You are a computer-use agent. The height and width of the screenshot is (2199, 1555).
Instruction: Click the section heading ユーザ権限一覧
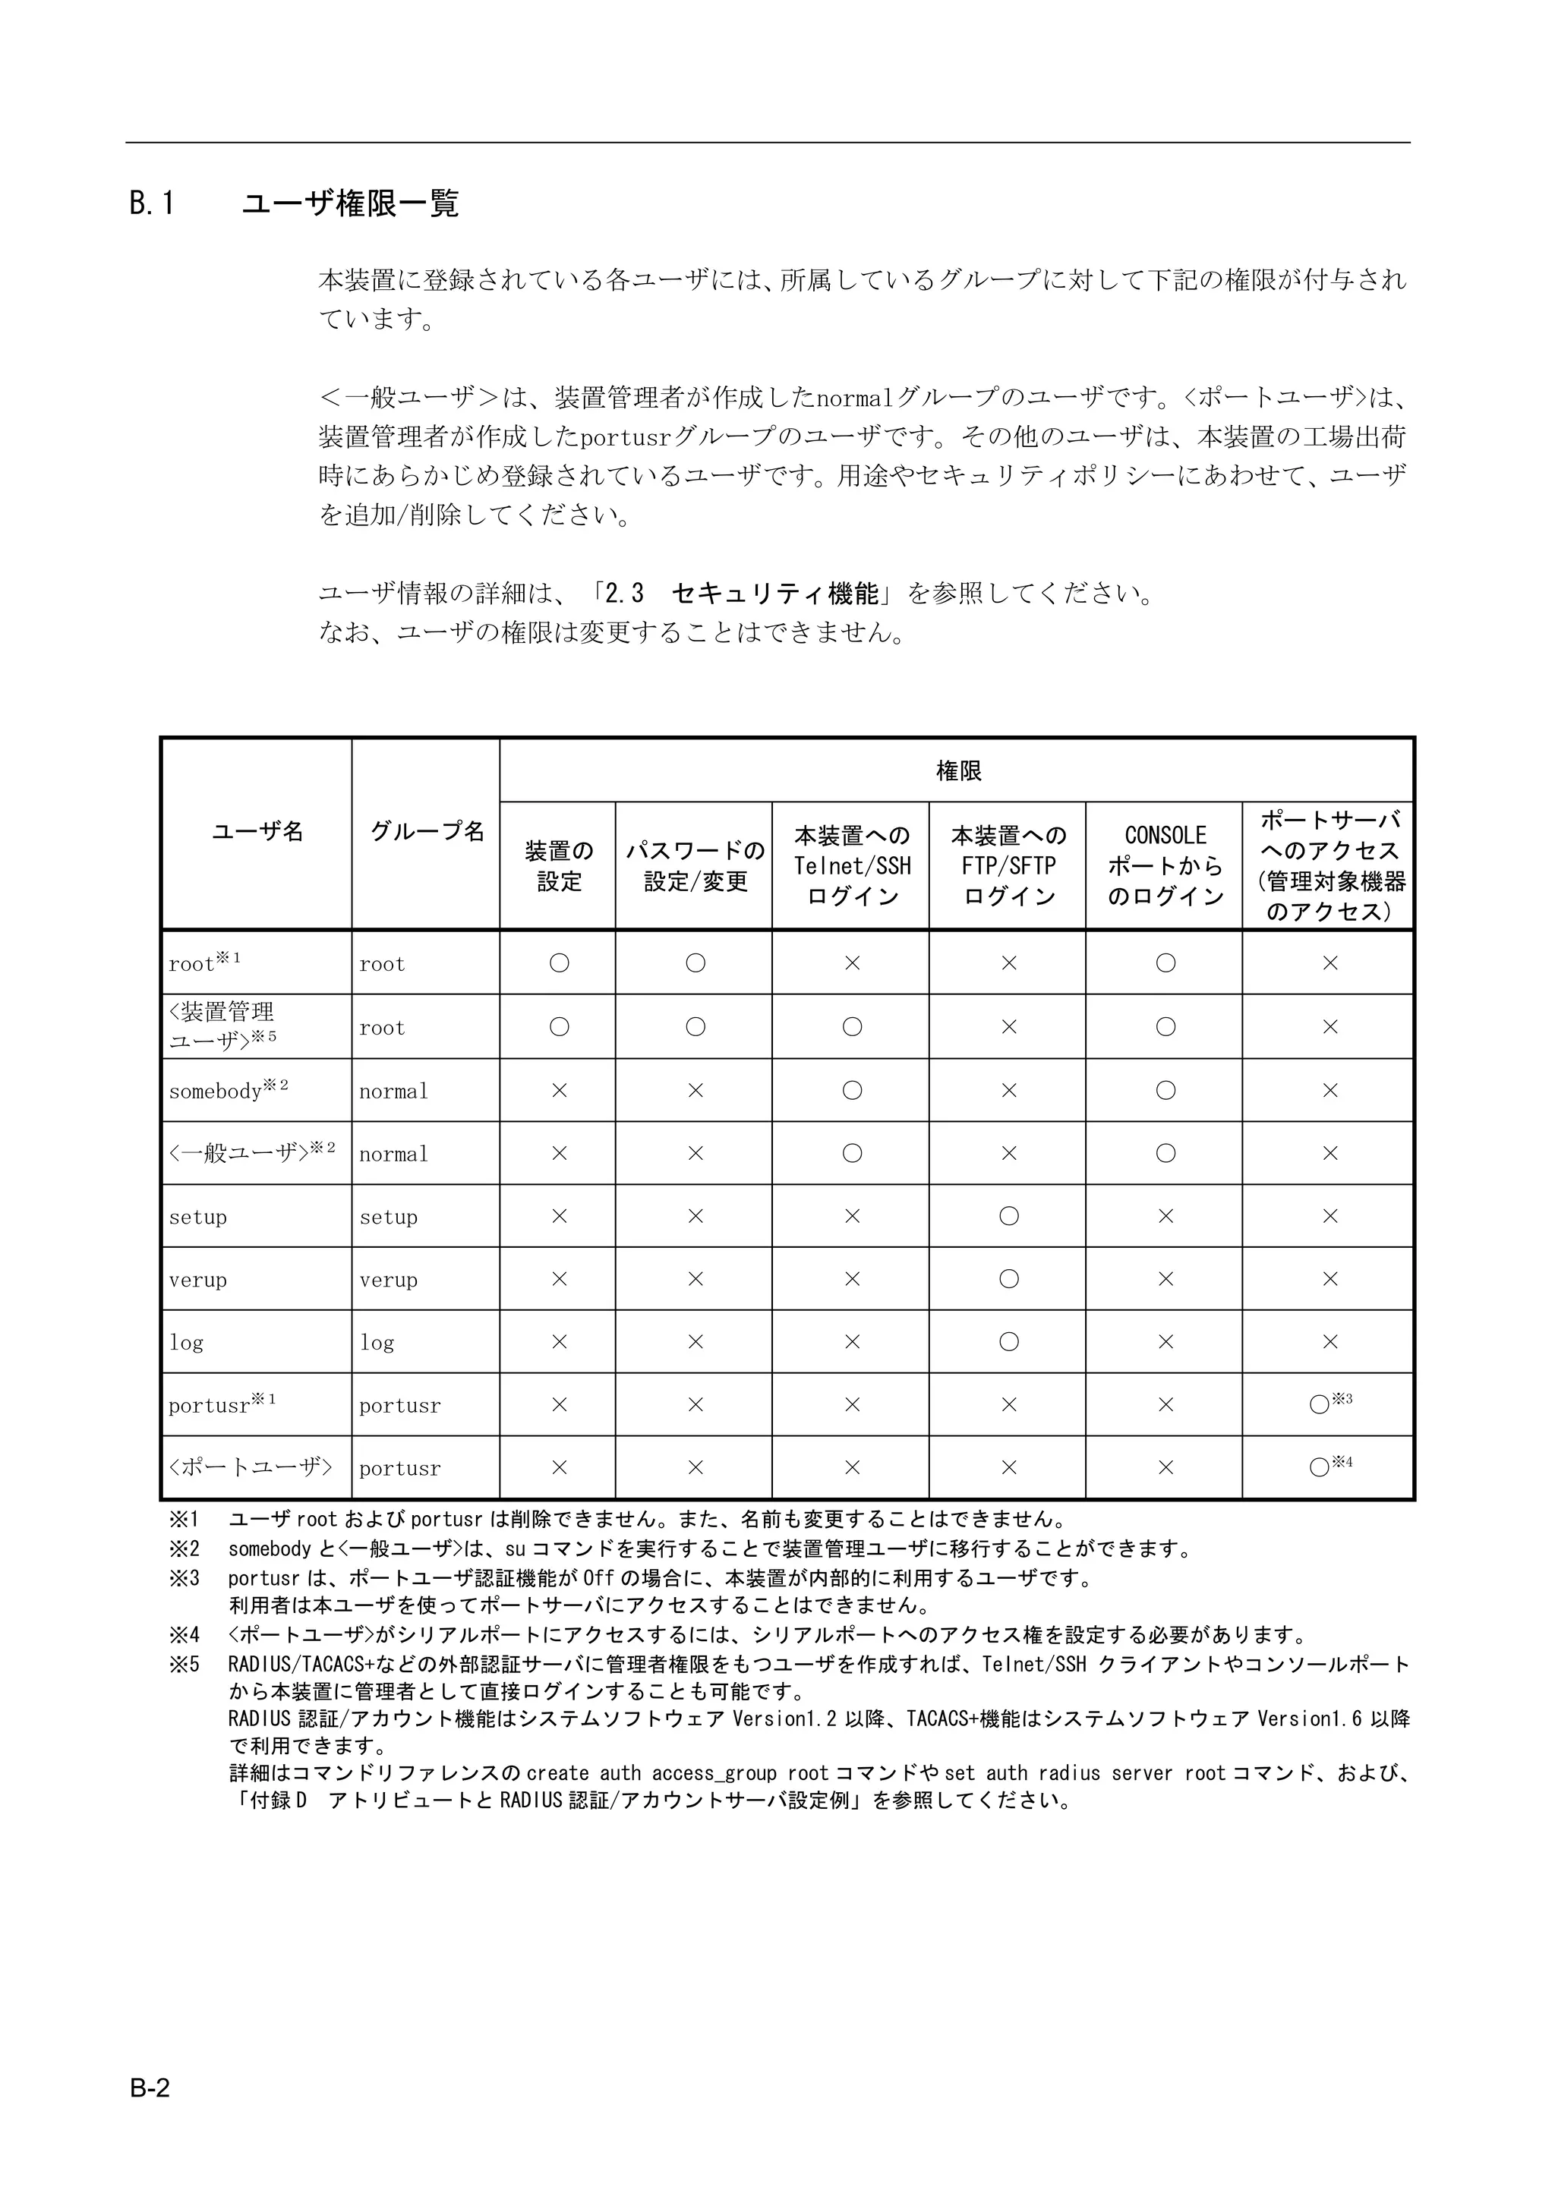350,203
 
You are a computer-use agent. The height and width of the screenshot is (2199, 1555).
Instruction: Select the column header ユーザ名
257,831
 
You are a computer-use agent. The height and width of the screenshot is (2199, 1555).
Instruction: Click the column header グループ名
427,831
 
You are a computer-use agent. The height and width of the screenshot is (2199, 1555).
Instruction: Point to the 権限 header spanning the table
957,771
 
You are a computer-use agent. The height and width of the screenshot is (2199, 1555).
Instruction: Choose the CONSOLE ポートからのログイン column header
1165,866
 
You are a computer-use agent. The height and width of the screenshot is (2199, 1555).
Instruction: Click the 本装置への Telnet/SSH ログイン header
852,866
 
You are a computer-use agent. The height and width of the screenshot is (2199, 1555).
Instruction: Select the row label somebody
216,1091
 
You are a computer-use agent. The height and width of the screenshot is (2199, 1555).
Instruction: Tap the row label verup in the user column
198,1280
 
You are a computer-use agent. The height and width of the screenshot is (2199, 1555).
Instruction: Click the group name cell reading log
377,1343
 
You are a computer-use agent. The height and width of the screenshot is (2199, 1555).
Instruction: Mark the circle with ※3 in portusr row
1320,1405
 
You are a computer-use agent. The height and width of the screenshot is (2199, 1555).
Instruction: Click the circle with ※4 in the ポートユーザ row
1320,1467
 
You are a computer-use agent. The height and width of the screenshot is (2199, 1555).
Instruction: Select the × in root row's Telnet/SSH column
852,963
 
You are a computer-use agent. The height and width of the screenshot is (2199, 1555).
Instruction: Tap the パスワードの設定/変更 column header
695,866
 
